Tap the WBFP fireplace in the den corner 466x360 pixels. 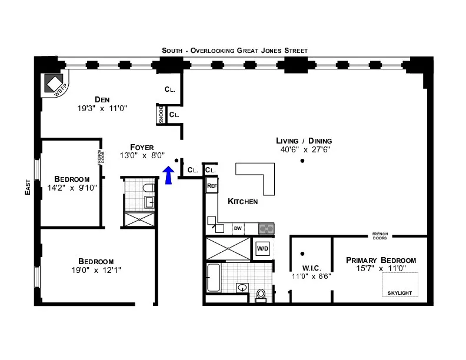coord(54,84)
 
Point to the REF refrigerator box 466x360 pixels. coord(212,186)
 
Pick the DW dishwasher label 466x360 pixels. coord(238,228)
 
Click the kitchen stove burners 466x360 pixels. coord(267,228)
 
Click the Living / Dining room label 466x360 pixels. coord(304,141)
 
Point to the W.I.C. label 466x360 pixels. coord(304,267)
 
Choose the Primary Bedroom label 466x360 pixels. coord(381,260)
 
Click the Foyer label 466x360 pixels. coord(142,147)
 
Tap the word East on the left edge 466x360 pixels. coord(28,187)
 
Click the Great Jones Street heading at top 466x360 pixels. coord(235,51)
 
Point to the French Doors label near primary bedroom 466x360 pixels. coord(380,236)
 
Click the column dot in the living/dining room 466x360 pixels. coord(302,161)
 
